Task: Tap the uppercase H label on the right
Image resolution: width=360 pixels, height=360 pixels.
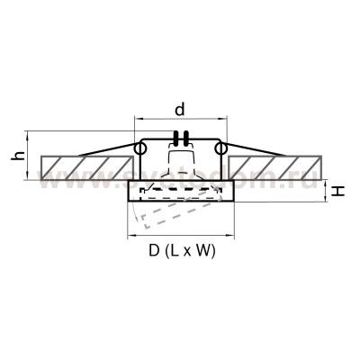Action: (x=334, y=192)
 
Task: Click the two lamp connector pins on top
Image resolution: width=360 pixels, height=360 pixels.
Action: (x=181, y=139)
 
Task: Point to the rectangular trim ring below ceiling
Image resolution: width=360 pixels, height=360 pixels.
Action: (x=181, y=191)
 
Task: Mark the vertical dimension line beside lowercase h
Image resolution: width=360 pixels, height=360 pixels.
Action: (x=31, y=155)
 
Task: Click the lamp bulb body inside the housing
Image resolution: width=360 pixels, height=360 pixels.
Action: (x=181, y=166)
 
